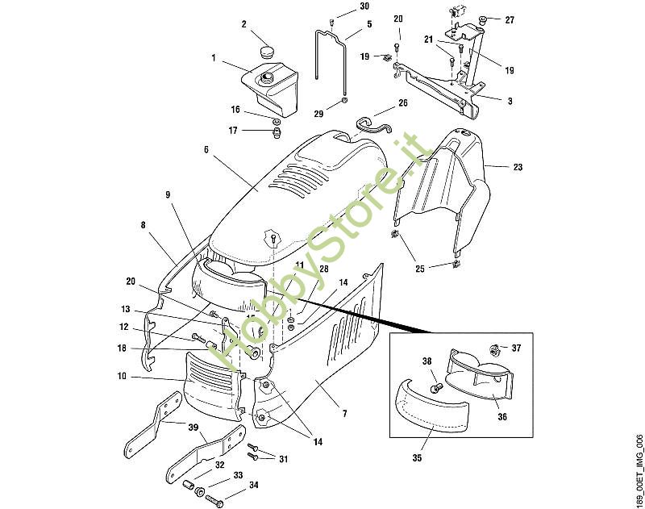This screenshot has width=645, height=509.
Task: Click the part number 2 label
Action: (244, 24)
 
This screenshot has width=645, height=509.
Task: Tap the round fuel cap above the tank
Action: (268, 52)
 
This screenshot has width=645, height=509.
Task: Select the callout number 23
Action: (518, 167)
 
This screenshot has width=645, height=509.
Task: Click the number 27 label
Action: (510, 19)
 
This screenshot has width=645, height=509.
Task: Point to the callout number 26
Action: (402, 102)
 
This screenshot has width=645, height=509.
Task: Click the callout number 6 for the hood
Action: (206, 149)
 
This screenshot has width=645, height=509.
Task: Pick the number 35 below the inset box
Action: (417, 457)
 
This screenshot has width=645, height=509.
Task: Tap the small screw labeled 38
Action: (437, 388)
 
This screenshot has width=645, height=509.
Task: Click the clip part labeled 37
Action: (494, 351)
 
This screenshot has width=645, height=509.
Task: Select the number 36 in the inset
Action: (502, 416)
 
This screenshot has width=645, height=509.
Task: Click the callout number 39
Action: (193, 427)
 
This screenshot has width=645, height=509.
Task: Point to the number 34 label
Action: (253, 485)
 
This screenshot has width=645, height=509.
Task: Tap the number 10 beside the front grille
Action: (122, 376)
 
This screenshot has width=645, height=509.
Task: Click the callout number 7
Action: (345, 413)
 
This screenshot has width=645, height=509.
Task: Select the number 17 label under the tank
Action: (233, 131)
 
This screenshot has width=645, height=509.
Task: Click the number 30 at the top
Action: (364, 6)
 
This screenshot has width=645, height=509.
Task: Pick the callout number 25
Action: (419, 269)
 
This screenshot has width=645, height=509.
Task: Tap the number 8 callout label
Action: (144, 225)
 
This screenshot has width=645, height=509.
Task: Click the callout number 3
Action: (510, 101)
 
